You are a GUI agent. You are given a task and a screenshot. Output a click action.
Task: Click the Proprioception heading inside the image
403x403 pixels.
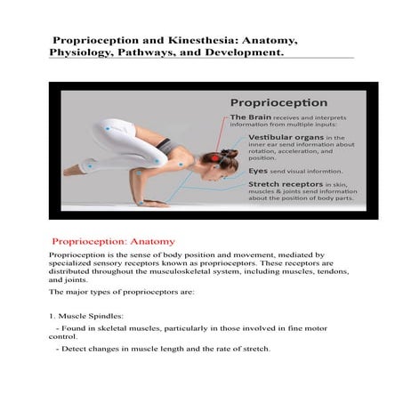278,102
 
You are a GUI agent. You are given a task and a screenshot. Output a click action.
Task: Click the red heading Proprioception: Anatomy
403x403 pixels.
114,241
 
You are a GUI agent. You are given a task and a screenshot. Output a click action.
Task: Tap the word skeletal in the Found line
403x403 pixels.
107,329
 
